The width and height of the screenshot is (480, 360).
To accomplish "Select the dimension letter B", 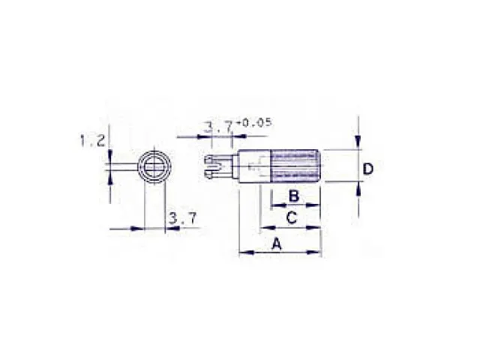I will (x=295, y=196).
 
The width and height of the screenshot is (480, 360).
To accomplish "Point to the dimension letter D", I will (x=367, y=169).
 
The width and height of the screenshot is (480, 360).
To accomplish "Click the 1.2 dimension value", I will (x=91, y=140).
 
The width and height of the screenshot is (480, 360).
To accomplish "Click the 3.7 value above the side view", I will (x=217, y=128).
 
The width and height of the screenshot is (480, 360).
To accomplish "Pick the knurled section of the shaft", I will (x=296, y=166).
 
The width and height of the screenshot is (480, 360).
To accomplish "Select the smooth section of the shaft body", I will (x=252, y=166).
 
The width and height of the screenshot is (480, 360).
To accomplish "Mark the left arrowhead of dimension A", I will (x=243, y=253).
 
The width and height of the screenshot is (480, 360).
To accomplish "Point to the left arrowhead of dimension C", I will (x=263, y=227).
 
